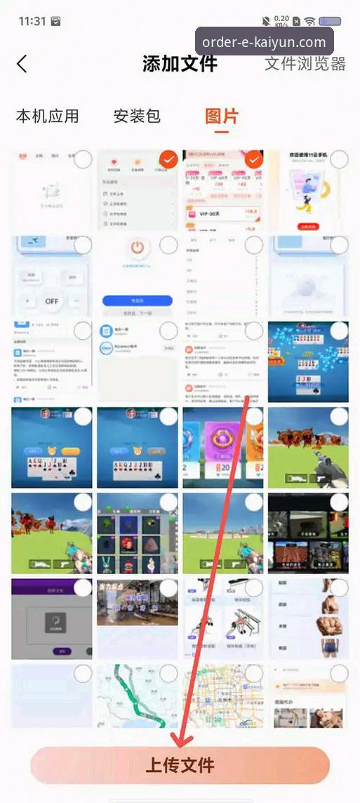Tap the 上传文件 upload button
tap(180, 764)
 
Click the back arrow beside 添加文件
tap(22, 64)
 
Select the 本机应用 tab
tap(48, 116)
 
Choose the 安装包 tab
tap(138, 116)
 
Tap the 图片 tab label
tap(222, 116)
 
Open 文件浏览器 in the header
tap(305, 64)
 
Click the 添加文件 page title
tap(180, 64)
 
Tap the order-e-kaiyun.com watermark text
tap(264, 42)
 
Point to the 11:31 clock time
tap(32, 21)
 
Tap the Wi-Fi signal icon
tap(309, 21)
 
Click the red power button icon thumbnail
tap(138, 248)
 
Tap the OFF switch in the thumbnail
tap(52, 300)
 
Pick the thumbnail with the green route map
tap(138, 695)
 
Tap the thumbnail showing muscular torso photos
tap(308, 618)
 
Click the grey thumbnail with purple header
tap(52, 618)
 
